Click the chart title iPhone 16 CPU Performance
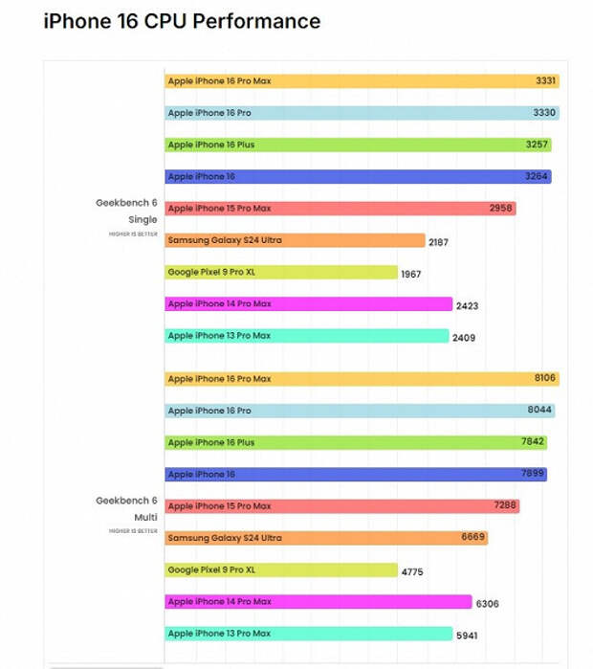click(182, 21)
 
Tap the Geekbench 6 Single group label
click(126, 211)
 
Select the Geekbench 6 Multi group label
click(126, 508)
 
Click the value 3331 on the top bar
click(545, 80)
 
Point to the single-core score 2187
click(438, 242)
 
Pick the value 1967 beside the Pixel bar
click(411, 275)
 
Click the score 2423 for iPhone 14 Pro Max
click(468, 306)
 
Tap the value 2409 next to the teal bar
click(464, 338)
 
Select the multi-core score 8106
click(545, 378)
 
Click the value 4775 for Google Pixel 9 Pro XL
click(412, 571)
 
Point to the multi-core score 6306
click(487, 604)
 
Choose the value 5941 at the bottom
click(467, 636)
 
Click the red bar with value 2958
click(340, 209)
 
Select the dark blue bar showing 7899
click(356, 474)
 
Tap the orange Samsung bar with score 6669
click(326, 538)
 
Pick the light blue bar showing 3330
click(362, 113)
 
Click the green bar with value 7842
click(356, 442)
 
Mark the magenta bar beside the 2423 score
click(309, 303)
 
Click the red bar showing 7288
click(342, 506)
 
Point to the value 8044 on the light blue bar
click(539, 410)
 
